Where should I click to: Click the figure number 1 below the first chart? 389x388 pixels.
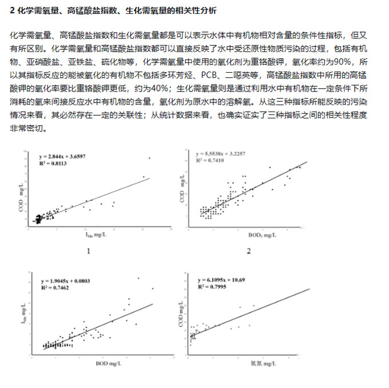(88, 251)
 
